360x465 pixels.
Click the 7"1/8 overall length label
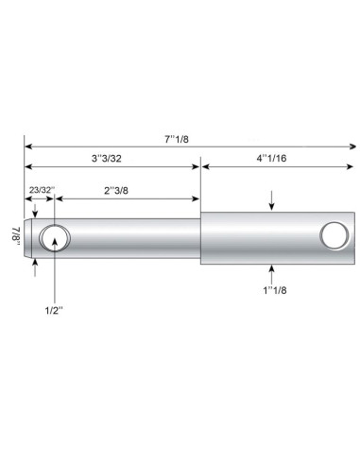[176, 137]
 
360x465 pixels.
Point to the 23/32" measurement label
[40, 191]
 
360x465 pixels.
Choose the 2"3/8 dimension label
[118, 191]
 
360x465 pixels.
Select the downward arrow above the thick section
[272, 201]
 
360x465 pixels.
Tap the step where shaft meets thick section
[201, 237]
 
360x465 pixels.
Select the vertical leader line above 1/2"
[56, 274]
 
